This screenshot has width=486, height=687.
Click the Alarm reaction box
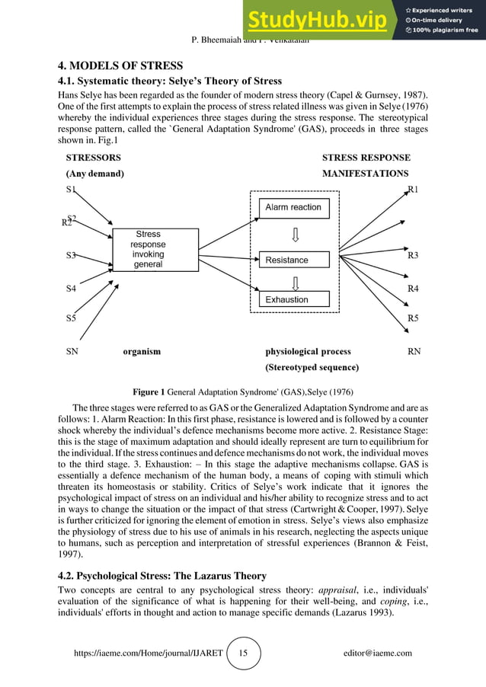tap(293, 207)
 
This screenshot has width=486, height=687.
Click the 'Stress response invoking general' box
tap(148, 249)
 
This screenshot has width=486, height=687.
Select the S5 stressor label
tap(71, 318)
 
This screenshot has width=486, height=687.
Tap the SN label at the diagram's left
tap(72, 352)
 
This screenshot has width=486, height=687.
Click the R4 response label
tap(413, 289)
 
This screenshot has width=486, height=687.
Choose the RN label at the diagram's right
tap(414, 352)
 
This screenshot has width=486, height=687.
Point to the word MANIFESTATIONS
tap(365, 174)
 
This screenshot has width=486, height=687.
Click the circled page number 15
tap(243, 653)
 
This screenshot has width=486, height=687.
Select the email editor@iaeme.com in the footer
tap(378, 653)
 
